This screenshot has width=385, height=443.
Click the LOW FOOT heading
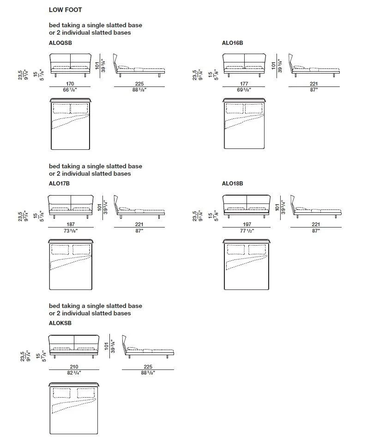pyautogui.click(x=65, y=10)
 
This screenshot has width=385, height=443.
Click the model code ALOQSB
pyautogui.click(x=60, y=43)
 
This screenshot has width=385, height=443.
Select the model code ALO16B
pyautogui.click(x=232, y=43)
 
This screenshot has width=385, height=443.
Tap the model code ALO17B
pyautogui.click(x=59, y=184)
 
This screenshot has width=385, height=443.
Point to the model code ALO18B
pyautogui.click(x=232, y=184)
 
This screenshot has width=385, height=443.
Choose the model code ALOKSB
pyautogui.click(x=60, y=323)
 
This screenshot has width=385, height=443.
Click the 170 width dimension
pyautogui.click(x=70, y=84)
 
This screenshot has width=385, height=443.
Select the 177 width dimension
pyautogui.click(x=244, y=84)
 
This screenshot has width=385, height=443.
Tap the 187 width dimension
pyautogui.click(x=71, y=224)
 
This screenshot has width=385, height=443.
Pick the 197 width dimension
pyautogui.click(x=247, y=224)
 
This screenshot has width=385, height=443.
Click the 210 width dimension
pyautogui.click(x=74, y=367)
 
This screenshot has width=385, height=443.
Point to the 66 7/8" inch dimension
pyautogui.click(x=70, y=90)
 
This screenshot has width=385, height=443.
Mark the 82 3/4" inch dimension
pyautogui.click(x=74, y=373)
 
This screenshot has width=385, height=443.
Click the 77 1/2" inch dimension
pyautogui.click(x=247, y=231)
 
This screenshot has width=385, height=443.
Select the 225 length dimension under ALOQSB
pyautogui.click(x=139, y=84)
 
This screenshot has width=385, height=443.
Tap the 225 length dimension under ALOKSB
pyautogui.click(x=148, y=367)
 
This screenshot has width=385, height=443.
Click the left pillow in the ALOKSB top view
pyautogui.click(x=61, y=393)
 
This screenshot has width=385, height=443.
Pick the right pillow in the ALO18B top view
pyautogui.click(x=257, y=250)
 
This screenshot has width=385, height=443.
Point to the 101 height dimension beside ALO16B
pyautogui.click(x=273, y=66)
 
